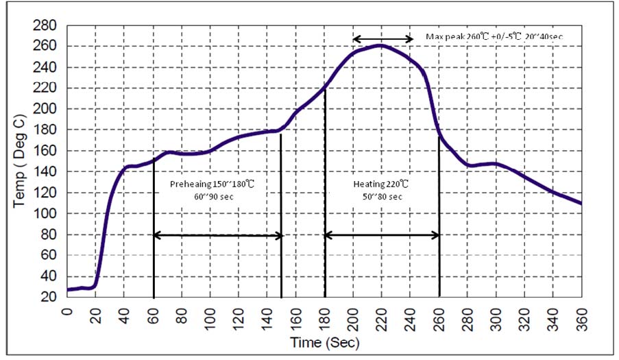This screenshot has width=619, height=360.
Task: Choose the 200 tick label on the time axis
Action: [353, 317]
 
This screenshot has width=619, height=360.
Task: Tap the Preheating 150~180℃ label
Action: [216, 184]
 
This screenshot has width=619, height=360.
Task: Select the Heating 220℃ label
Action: [381, 184]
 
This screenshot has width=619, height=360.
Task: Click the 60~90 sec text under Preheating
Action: [216, 197]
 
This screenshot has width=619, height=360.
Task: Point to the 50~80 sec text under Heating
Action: [381, 197]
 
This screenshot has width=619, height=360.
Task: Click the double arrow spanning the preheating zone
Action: [217, 235]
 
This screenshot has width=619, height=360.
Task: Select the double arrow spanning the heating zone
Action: [382, 235]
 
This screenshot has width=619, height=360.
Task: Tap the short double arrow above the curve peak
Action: [383, 39]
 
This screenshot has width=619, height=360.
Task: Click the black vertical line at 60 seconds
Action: [154, 233]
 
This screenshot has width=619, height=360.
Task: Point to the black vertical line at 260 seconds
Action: [439, 219]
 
